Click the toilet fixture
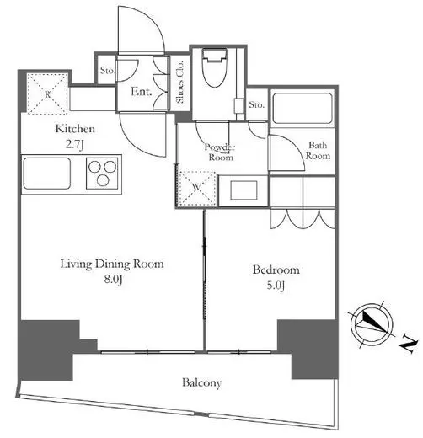[x=215, y=68]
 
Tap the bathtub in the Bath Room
[x=303, y=109]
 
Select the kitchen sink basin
[x=46, y=174]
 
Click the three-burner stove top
[x=102, y=174]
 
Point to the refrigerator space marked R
[x=48, y=93]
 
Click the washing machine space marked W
[x=197, y=188]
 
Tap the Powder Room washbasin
[x=244, y=190]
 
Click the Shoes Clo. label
[x=179, y=82]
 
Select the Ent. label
[x=142, y=92]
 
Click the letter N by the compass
[x=408, y=343]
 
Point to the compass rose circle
[x=372, y=324]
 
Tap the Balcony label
[x=201, y=383]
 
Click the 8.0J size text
[x=113, y=280]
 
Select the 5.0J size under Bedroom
[x=276, y=286]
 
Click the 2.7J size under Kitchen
[x=75, y=145]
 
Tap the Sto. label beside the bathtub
[x=257, y=105]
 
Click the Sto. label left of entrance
[x=108, y=70]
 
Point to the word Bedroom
[x=276, y=270]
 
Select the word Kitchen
[x=75, y=129]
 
